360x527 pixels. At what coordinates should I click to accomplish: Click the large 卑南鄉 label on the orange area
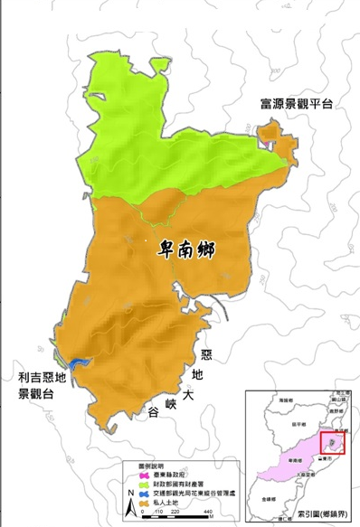click(x=188, y=247)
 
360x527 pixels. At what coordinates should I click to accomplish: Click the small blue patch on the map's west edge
click(x=74, y=361)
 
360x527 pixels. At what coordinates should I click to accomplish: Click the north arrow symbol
click(x=133, y=510)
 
